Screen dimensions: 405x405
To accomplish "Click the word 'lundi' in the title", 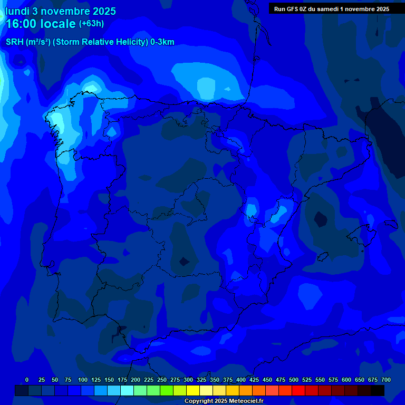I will (x=17, y=11).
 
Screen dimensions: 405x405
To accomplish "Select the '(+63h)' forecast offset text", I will (x=91, y=24).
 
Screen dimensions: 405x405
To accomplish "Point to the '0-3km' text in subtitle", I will (x=162, y=42).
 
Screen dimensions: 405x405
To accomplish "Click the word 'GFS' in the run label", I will (x=294, y=9).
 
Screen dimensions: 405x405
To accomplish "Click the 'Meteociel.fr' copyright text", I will (x=242, y=401).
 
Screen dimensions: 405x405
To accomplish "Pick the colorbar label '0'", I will (x=27, y=380).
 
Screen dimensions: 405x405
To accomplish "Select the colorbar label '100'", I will (x=83, y=380).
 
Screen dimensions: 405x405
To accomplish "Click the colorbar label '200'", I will (x=136, y=380).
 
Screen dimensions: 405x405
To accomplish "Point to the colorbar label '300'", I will (x=188, y=380).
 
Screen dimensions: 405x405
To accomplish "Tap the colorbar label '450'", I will (x=267, y=380).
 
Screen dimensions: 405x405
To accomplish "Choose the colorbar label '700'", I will (x=385, y=380).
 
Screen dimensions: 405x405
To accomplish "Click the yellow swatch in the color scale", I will (x=193, y=391).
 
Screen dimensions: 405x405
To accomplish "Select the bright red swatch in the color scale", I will (x=298, y=391).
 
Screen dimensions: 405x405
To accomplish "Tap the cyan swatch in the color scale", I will (x=127, y=391).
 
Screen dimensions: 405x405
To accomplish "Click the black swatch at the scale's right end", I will (x=378, y=391).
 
